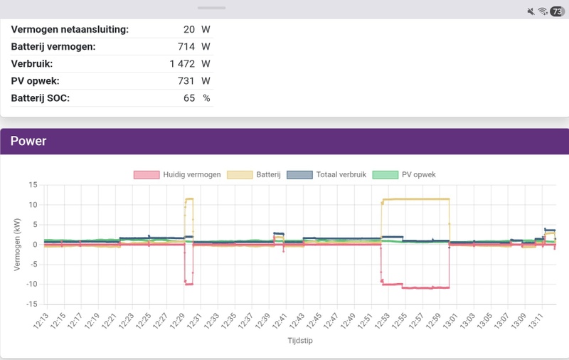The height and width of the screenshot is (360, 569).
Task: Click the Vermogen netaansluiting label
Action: pos(70,29)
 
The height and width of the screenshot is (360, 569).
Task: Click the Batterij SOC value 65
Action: pos(189,97)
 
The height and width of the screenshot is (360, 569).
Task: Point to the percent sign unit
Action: pos(206,97)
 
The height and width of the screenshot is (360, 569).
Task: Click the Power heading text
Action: pos(28,141)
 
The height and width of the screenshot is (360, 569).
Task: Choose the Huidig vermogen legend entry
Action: pos(177,174)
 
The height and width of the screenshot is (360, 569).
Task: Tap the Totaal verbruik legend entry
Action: pos(326,174)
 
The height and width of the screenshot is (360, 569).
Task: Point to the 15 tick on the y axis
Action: pos(33,185)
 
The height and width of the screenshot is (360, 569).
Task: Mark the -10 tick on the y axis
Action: pos(31,284)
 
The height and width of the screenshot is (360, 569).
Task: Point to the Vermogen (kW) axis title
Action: pos(18,244)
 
